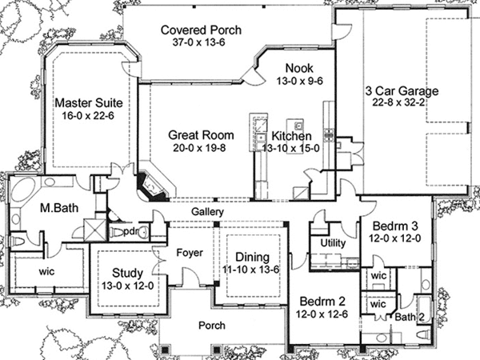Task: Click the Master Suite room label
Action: click(87, 103)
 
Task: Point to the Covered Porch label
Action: click(201, 30)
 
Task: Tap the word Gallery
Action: click(206, 211)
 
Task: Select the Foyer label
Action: click(189, 253)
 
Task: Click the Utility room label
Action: click(333, 242)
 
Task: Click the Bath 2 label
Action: click(408, 317)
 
